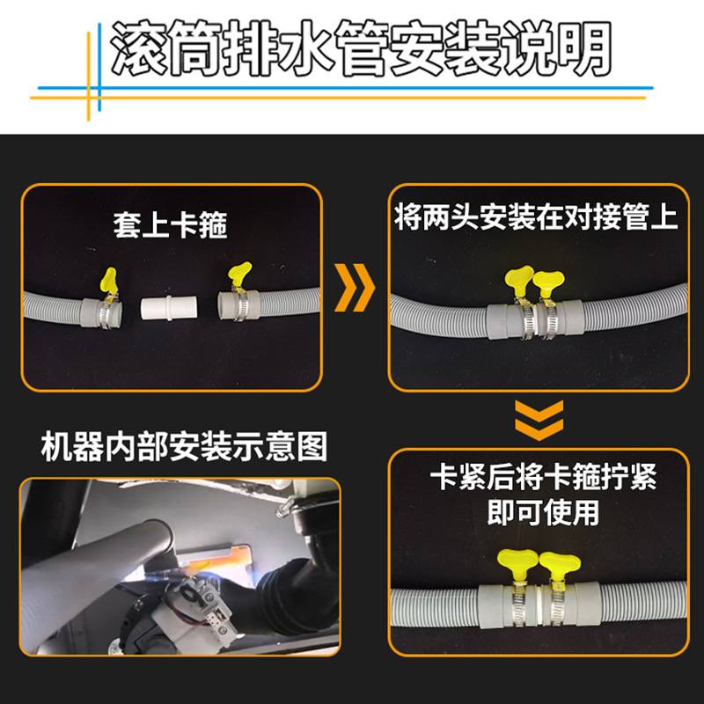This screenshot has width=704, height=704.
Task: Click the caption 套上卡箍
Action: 170,226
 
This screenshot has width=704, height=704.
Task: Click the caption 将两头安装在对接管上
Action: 537,217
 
